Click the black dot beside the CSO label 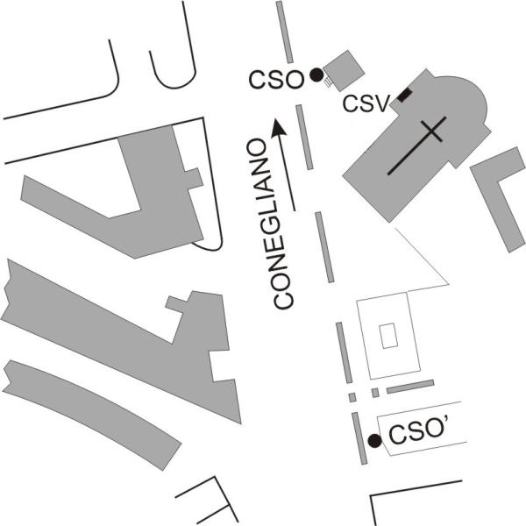tap(316, 75)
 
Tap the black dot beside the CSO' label tap(375, 441)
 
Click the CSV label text tap(366, 103)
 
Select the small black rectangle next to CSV tap(404, 96)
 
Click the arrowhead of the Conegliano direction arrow tap(279, 127)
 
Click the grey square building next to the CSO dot tap(344, 71)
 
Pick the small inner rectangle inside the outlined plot tap(388, 336)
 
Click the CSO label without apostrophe tap(276, 80)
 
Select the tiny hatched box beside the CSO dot tap(328, 82)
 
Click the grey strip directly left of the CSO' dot tap(359, 438)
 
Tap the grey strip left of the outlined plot tap(345, 352)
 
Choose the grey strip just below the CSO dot tap(304, 137)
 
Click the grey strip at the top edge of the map tap(284, 32)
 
